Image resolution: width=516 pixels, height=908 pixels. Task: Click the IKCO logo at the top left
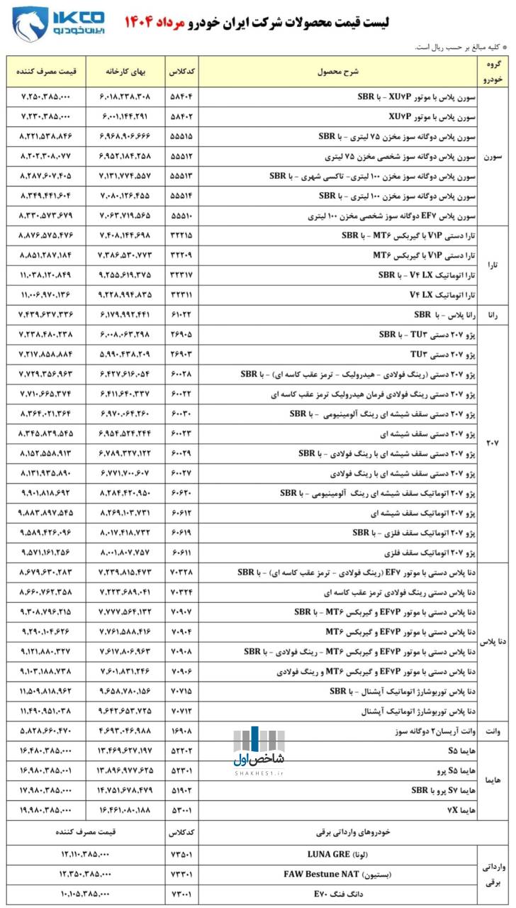pyautogui.click(x=58, y=23)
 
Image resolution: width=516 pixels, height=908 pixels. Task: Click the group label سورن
pyautogui.click(x=493, y=155)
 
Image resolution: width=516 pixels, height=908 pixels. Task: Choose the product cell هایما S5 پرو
pyautogui.click(x=454, y=770)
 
